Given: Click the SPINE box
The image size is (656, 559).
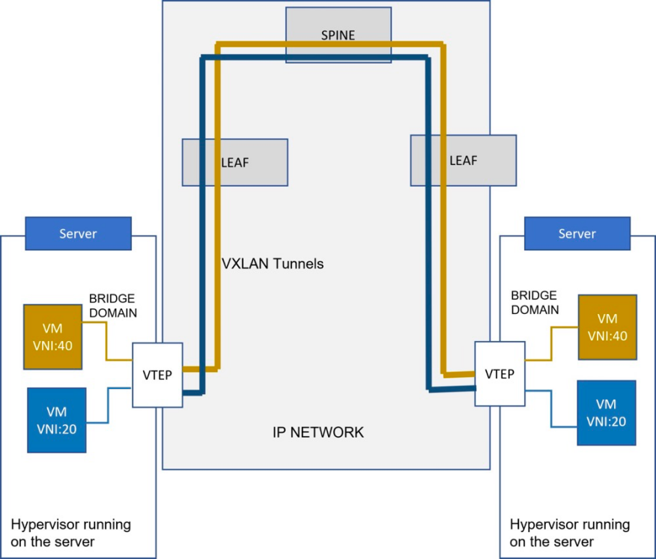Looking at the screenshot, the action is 338,34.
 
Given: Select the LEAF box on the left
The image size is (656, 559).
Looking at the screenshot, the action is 234,163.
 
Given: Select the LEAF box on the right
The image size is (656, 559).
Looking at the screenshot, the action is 463,160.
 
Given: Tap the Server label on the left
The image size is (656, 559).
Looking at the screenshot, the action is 78,234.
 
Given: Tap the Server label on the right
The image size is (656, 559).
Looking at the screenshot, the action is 577,234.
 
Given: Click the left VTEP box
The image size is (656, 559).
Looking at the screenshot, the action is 157,375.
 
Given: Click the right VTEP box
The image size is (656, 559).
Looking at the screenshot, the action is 499,373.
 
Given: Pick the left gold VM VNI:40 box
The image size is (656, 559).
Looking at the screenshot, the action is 52,337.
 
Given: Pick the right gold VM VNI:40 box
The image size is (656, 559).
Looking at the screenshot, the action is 607,327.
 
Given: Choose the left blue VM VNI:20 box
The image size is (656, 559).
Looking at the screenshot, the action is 57,420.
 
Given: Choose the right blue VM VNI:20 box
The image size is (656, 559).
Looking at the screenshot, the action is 607,412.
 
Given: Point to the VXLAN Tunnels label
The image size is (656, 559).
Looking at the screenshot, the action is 273,264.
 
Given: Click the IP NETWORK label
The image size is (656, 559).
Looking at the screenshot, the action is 318,432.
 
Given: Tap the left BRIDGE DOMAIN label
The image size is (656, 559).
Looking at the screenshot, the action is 113,306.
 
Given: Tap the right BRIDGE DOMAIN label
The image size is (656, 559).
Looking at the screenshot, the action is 535,302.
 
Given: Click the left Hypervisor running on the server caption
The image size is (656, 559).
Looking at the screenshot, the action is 70,533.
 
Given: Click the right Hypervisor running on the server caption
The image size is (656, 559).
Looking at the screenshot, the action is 570,533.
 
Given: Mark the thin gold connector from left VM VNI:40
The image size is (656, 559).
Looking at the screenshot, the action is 106,341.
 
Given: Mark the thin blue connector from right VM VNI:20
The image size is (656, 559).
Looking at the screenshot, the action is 551,409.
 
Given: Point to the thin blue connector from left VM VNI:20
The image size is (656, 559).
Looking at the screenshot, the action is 108,405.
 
